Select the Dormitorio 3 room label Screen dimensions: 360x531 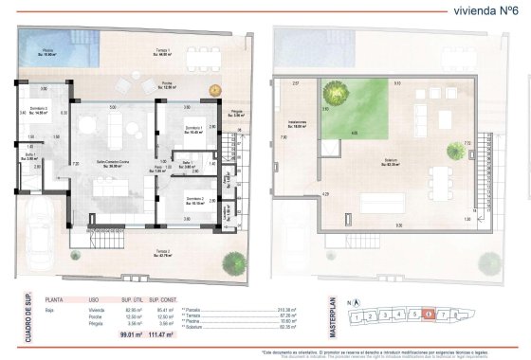pyautogui.click(x=40, y=111)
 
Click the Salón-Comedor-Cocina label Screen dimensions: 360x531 pyautogui.click(x=113, y=164)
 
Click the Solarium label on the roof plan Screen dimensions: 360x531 pyautogui.click(x=390, y=162)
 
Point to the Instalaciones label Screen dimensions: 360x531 pyautogui.click(x=298, y=123)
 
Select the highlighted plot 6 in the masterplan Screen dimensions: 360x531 pyautogui.click(x=429, y=315)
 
